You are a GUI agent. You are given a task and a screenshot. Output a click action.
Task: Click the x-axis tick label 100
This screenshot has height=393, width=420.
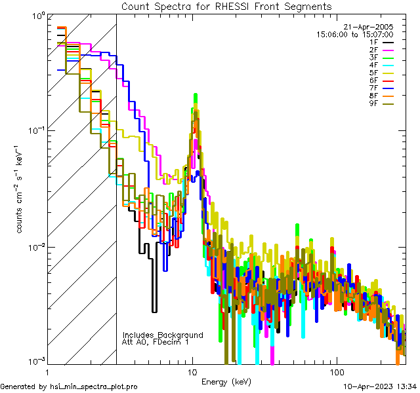(x=336, y=371)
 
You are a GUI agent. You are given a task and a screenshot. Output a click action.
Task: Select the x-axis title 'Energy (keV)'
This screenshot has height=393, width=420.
(x=226, y=381)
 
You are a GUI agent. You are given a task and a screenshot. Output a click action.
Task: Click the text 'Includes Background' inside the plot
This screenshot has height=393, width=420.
(x=163, y=335)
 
